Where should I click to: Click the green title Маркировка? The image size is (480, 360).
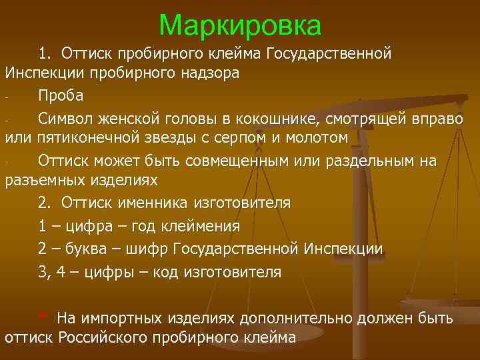[x=240, y=25]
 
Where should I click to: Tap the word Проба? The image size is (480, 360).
[x=61, y=95]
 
